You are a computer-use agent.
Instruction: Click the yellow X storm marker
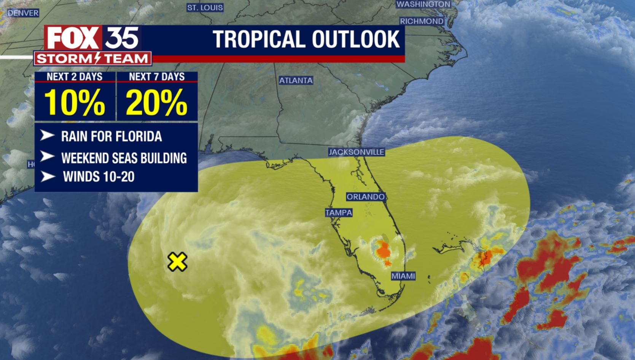tap(177, 262)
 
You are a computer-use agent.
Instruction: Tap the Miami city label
tap(403, 276)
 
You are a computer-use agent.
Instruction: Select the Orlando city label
tap(365, 197)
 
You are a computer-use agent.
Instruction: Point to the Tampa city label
tap(338, 213)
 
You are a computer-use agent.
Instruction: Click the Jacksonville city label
tap(356, 152)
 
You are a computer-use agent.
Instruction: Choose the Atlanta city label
tap(296, 81)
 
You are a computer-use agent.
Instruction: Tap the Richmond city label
tap(422, 21)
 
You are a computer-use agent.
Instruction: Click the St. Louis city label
tap(205, 8)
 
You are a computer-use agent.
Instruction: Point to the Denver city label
tap(23, 13)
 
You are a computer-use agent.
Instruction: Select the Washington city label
tap(423, 4)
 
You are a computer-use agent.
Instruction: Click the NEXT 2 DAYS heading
tap(75, 77)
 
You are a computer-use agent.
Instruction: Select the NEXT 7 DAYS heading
tap(157, 77)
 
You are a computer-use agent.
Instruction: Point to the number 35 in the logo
tap(121, 38)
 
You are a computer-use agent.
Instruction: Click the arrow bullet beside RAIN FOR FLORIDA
tap(47, 135)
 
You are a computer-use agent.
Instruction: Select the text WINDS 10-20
tap(99, 177)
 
